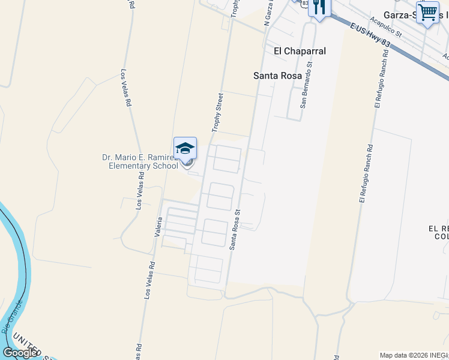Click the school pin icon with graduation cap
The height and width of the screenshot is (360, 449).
(185, 149)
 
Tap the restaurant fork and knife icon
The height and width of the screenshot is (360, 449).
(319, 7)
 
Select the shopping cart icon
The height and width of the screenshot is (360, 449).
(427, 12)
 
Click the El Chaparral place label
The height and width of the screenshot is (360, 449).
(300, 51)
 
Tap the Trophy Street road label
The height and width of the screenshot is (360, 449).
(217, 112)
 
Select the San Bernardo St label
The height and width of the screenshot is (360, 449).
(306, 83)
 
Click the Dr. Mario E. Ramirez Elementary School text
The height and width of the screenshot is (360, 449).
(139, 161)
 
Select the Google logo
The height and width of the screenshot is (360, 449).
(20, 353)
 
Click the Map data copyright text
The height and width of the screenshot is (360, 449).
(414, 355)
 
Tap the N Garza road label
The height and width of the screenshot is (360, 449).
(268, 13)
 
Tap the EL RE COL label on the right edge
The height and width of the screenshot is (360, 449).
(438, 233)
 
